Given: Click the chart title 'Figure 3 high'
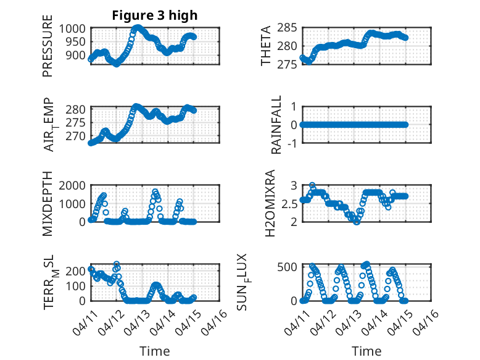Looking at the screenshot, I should pyautogui.click(x=155, y=15).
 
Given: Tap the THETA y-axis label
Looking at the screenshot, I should pyautogui.click(x=266, y=46).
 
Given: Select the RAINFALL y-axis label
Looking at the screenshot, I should pyautogui.click(x=277, y=125).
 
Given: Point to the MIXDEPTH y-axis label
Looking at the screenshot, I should pyautogui.click(x=48, y=204).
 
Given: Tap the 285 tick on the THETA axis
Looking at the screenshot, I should pyautogui.click(x=290, y=28).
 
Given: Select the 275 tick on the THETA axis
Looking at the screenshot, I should pyautogui.click(x=290, y=64).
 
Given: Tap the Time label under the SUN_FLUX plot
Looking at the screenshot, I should pyautogui.click(x=366, y=351).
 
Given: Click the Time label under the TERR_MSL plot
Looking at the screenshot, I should pyautogui.click(x=155, y=351).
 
